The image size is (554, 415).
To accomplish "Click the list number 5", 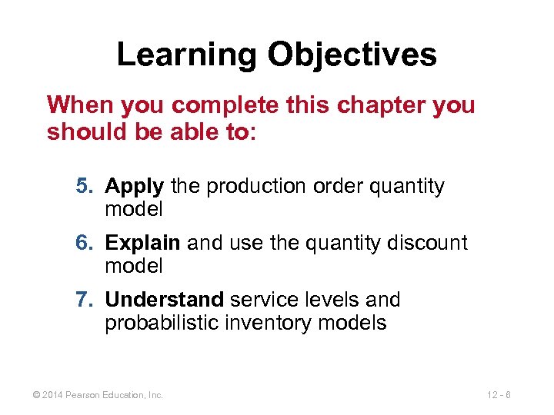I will pyautogui.click(x=82, y=187).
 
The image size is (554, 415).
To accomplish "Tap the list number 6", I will pyautogui.click(x=82, y=243).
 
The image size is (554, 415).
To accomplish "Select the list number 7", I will pyautogui.click(x=82, y=299).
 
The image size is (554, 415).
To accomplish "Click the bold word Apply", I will pyautogui.click(x=134, y=187).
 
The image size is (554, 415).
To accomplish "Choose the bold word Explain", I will pyautogui.click(x=142, y=243).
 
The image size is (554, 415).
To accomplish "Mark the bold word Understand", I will pyautogui.click(x=164, y=299).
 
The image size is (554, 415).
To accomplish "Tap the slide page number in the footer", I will pyautogui.click(x=500, y=395).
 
